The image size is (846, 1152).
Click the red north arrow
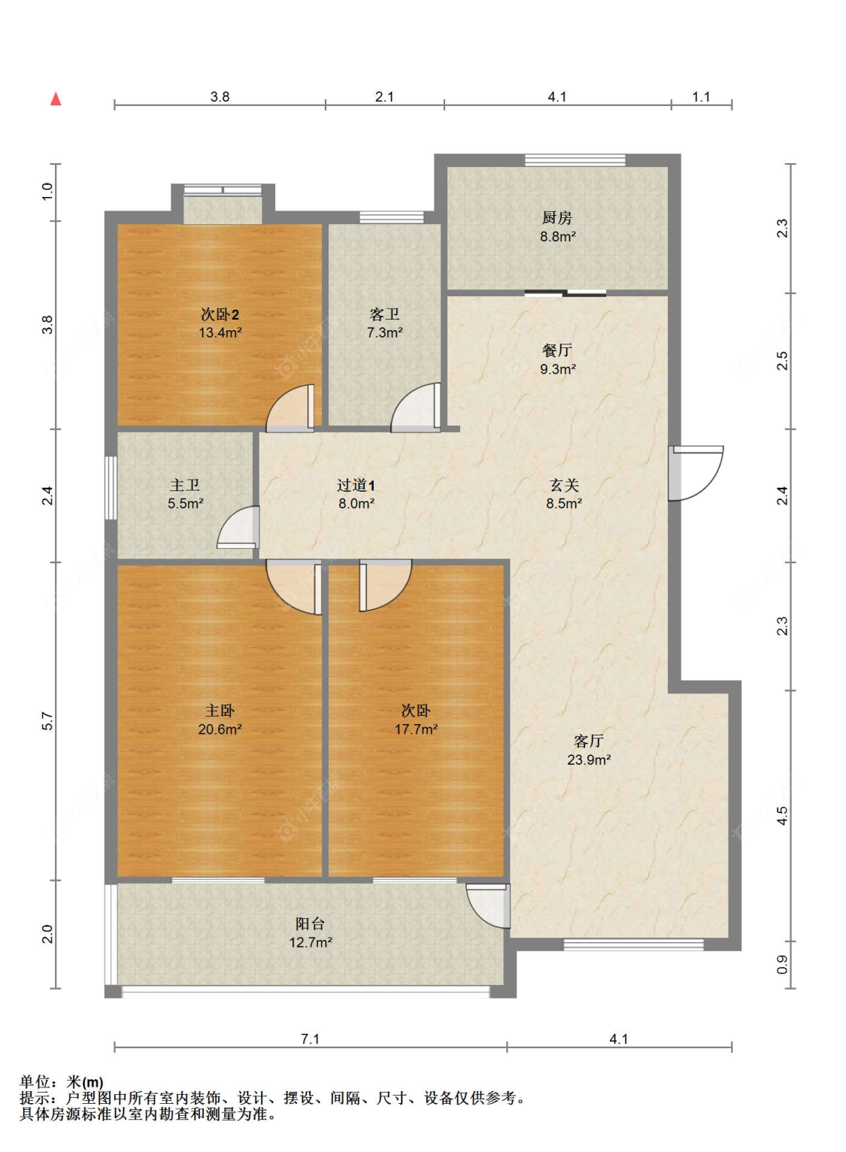(56, 99)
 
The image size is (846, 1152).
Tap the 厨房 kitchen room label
(556, 218)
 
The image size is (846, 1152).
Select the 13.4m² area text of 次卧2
(220, 332)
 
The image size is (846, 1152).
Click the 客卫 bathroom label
(384, 314)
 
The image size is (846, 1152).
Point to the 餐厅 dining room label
(557, 350)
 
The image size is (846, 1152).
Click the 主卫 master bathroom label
(185, 485)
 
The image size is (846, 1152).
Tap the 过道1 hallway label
(356, 485)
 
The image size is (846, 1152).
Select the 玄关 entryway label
(564, 485)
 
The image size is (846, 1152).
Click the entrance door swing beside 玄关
(696, 473)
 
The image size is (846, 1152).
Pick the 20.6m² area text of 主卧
(220, 729)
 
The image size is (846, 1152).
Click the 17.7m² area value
(416, 729)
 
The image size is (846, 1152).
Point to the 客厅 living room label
(588, 741)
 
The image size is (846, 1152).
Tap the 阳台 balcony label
(310, 924)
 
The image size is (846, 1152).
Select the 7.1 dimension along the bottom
(310, 1039)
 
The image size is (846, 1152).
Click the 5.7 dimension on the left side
(47, 721)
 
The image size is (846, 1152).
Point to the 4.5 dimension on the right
(782, 816)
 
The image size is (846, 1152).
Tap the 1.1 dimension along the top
(701, 97)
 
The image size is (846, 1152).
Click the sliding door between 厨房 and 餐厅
(566, 294)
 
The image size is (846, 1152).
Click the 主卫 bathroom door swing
(238, 527)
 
